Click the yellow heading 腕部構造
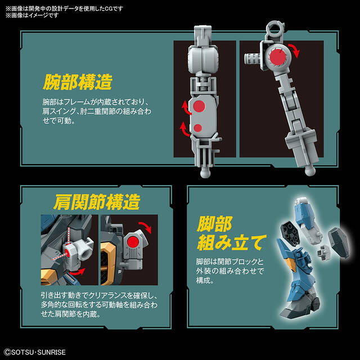[x=78, y=82]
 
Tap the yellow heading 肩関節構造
[x=97, y=202]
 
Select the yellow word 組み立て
[x=232, y=242]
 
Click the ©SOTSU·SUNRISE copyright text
[x=35, y=352]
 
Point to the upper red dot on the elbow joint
[x=199, y=106]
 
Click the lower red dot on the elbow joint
[x=197, y=128]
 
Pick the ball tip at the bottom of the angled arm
[x=310, y=170]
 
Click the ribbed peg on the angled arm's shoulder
[x=253, y=58]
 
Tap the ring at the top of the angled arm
[x=274, y=28]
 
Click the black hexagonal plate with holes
[x=290, y=232]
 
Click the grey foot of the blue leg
[x=299, y=307]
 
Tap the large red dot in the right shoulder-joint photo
[x=133, y=242]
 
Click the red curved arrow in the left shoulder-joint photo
[x=77, y=272]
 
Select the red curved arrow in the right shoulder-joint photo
[x=145, y=227]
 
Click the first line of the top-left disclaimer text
[x=65, y=9]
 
